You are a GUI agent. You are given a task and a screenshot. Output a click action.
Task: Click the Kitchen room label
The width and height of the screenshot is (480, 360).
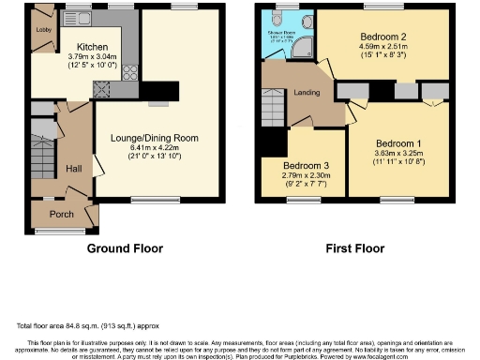(92, 46)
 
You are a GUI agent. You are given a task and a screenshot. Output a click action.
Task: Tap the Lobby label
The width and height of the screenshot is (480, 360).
(43, 29)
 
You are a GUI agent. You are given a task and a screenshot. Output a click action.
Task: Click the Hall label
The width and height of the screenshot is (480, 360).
(74, 168)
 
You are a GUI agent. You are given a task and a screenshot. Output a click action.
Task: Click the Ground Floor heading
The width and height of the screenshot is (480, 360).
(125, 249)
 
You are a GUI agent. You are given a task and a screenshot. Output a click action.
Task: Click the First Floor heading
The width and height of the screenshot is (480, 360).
(354, 249)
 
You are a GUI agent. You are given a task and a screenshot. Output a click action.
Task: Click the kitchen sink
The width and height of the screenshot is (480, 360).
(75, 18)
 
